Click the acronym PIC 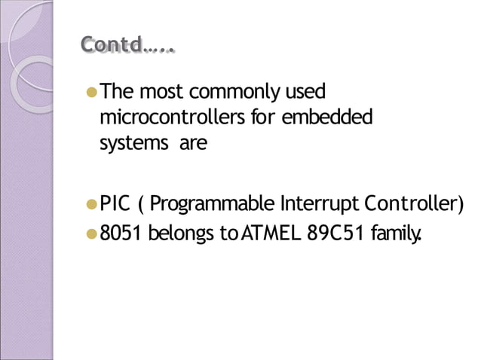tap(115, 204)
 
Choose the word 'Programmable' tap(213, 205)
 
